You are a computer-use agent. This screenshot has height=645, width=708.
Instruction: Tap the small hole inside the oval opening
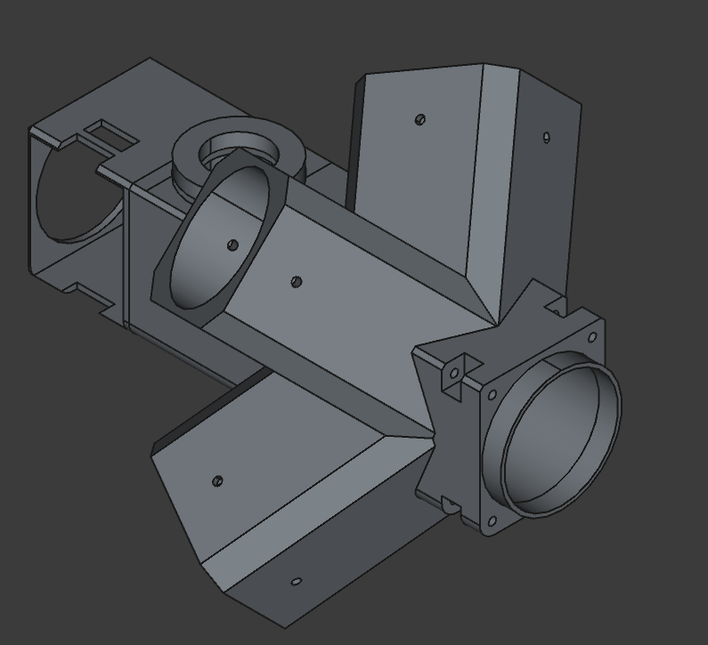232,245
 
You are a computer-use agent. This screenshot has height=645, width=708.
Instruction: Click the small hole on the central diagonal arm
297,282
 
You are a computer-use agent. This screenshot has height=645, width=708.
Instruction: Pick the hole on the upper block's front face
420,119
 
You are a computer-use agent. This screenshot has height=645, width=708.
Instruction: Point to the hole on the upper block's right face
546,137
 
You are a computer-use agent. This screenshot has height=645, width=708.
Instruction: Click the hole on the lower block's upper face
217,481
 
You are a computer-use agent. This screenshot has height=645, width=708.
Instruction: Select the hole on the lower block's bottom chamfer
297,582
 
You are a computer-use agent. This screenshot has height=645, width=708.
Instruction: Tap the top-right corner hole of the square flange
591,337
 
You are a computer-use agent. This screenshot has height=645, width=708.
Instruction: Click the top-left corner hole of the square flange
492,394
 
